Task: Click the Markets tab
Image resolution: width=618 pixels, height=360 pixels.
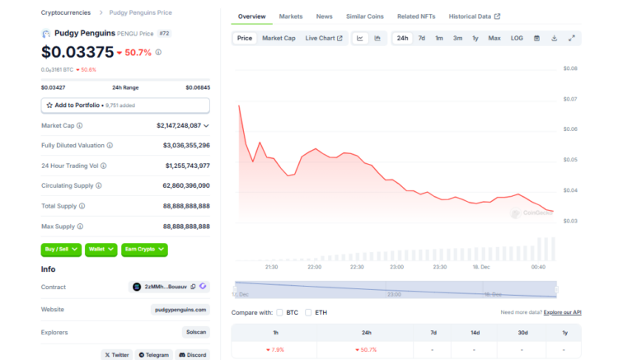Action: coord(290,16)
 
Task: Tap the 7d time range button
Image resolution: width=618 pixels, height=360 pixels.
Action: coord(421,38)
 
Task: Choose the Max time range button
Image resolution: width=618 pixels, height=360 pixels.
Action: coord(494,38)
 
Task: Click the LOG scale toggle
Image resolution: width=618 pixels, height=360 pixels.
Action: coord(517,38)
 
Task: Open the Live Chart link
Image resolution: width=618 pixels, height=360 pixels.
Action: coord(324,38)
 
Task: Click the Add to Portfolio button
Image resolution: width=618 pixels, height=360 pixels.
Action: coord(125,105)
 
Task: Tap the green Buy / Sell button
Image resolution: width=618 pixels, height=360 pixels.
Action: coord(61,248)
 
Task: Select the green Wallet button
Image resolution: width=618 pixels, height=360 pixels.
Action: coord(101,248)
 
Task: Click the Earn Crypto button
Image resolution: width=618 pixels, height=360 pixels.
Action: coord(144,248)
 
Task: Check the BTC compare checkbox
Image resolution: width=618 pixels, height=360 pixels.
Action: coord(280,312)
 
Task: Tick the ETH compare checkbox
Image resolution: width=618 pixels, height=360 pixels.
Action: coord(308,312)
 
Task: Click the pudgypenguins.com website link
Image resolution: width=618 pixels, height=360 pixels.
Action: coord(180,309)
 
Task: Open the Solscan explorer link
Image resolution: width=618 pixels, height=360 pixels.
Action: coord(196,331)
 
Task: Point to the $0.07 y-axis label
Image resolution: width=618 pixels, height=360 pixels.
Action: coord(570,99)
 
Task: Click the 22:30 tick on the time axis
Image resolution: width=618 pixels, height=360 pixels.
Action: coord(356,266)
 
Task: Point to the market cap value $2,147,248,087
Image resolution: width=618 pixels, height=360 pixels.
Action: coord(179,125)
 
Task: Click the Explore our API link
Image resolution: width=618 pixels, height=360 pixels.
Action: coord(562,312)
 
